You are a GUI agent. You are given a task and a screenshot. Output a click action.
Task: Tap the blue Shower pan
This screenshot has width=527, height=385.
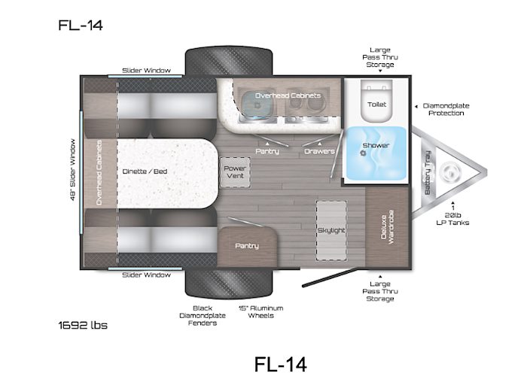tap(376, 153)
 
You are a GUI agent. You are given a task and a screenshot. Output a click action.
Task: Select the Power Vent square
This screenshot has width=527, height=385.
tap(235, 172)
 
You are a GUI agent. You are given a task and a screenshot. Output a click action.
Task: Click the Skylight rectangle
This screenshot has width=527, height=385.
tap(331, 231)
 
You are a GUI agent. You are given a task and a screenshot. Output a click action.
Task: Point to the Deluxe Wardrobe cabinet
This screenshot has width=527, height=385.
tap(387, 228)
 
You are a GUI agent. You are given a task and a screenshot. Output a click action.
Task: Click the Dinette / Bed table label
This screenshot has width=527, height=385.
tap(145, 171)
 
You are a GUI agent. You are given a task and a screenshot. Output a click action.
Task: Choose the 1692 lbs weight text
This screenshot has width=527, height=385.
tap(83, 326)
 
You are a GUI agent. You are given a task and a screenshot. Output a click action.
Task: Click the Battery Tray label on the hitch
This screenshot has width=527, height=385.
tap(428, 172)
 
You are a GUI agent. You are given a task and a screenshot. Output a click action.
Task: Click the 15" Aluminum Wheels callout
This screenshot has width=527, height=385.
tap(260, 312)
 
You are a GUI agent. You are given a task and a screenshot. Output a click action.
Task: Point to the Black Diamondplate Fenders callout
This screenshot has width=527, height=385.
tap(203, 316)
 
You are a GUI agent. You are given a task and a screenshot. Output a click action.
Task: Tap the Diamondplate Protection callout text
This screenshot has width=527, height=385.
tap(446, 110)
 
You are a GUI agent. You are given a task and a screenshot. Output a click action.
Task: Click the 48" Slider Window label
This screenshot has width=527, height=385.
tap(72, 170)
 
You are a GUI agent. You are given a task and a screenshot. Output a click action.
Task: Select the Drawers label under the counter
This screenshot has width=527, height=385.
tap(319, 151)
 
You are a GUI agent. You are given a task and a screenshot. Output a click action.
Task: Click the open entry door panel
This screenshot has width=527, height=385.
tap(332, 277)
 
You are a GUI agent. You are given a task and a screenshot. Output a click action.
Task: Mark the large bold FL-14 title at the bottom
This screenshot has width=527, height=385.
tap(281, 365)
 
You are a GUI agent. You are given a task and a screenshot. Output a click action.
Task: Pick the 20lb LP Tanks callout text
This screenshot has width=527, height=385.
tap(452, 219)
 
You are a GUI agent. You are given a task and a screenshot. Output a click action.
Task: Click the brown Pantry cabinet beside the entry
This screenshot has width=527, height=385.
tap(248, 247)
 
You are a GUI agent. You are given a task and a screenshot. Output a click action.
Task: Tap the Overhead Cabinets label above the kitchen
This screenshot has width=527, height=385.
tap(288, 95)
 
